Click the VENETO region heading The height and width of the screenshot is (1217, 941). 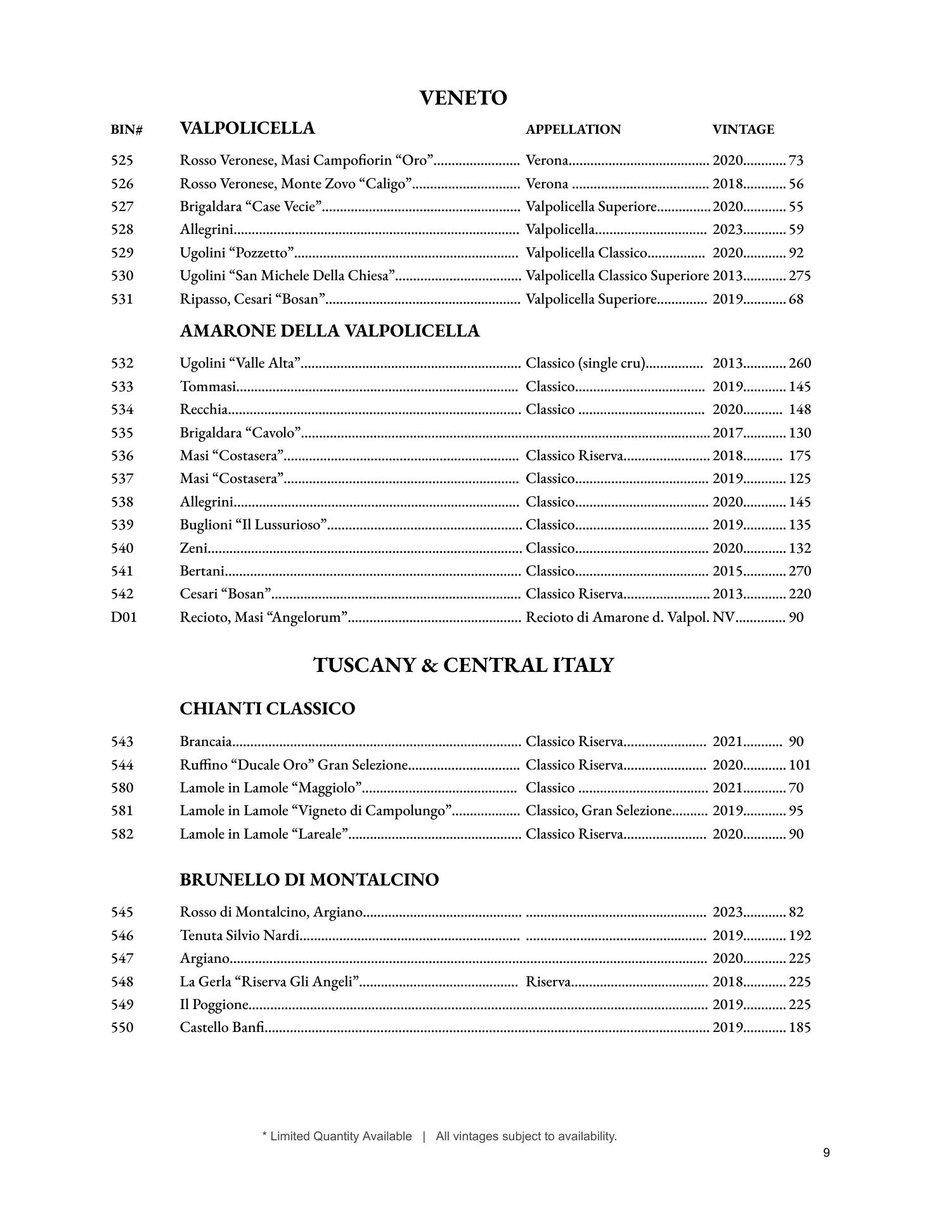click(x=463, y=98)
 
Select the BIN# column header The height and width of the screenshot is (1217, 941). click(x=126, y=130)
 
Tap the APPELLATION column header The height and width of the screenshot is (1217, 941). click(x=573, y=129)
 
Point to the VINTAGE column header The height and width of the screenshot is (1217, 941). click(x=743, y=129)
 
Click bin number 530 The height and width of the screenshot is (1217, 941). click(x=122, y=276)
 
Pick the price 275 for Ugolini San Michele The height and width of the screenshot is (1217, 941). click(x=799, y=276)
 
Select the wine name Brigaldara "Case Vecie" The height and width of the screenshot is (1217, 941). click(x=251, y=207)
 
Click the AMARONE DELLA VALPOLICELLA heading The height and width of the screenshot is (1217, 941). click(x=329, y=331)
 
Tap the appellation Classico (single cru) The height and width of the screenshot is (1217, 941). click(x=585, y=363)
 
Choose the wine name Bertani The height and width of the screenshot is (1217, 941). click(x=202, y=571)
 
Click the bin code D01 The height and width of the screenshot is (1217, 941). click(x=124, y=617)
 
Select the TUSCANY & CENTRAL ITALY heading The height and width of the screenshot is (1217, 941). click(x=464, y=665)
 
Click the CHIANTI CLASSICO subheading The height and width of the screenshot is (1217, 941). click(x=267, y=709)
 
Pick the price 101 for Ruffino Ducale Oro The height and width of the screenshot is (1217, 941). click(x=799, y=765)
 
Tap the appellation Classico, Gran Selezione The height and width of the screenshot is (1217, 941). click(x=598, y=811)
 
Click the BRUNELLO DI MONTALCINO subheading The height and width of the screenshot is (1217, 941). click(x=309, y=880)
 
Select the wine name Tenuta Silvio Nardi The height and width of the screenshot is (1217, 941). click(x=239, y=936)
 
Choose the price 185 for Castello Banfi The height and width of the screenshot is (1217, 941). click(x=799, y=1027)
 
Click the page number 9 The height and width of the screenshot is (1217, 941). click(x=826, y=1153)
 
